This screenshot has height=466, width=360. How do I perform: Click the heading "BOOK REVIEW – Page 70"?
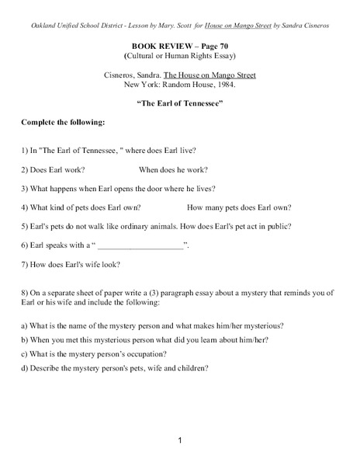[179, 47]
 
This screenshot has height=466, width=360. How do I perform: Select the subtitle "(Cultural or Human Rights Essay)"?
[179, 57]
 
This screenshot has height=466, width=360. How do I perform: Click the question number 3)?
[26, 188]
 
